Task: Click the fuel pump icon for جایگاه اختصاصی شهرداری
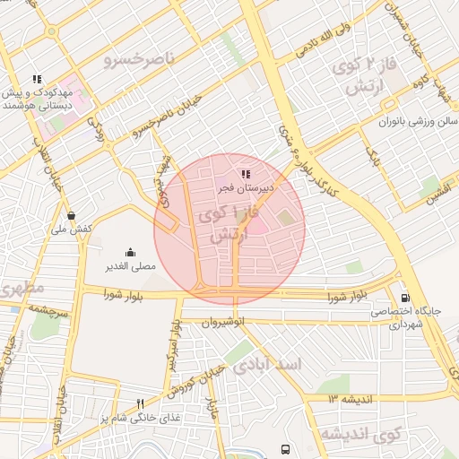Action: click(x=406, y=298)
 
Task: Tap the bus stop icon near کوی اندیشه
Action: click(x=285, y=449)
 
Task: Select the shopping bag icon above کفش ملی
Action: click(x=72, y=215)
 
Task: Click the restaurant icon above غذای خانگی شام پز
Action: click(x=140, y=403)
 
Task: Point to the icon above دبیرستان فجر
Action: click(x=246, y=174)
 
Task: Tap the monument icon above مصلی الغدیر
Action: click(x=130, y=252)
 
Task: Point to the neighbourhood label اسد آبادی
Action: click(x=268, y=366)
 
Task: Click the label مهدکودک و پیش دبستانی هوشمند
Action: click(x=37, y=99)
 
